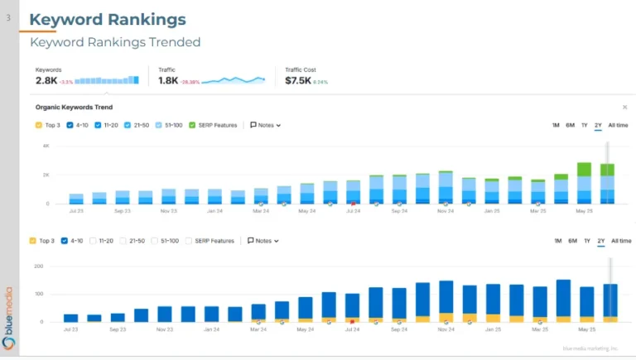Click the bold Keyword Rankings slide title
(x=108, y=19)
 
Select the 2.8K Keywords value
(x=46, y=81)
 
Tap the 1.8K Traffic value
(x=168, y=81)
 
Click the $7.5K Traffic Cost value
(x=297, y=81)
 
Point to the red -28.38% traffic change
(x=190, y=82)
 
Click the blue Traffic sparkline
(x=234, y=80)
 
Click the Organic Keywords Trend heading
(x=74, y=108)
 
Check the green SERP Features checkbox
(x=192, y=125)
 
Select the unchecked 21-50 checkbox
(x=123, y=241)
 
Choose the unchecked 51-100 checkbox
(x=154, y=241)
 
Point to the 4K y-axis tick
(x=46, y=146)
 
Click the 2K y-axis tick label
(x=46, y=175)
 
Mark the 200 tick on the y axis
(x=38, y=266)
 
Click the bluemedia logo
(x=9, y=314)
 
